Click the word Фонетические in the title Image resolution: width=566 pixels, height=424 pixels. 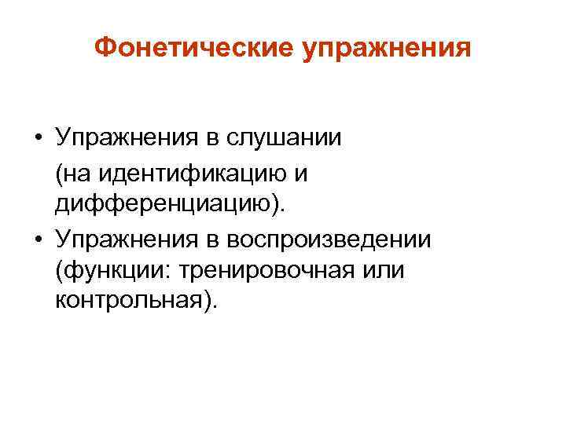pos(193,49)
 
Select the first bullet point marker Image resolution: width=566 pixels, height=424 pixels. pos(39,139)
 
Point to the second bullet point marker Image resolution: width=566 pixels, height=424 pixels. pos(39,240)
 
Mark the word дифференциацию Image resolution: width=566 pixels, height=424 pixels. pos(167,206)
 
